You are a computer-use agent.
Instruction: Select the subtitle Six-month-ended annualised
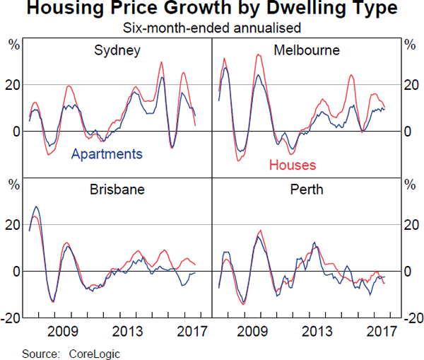211,28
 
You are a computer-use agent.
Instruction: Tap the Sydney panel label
117,50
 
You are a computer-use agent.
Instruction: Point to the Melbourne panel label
307,50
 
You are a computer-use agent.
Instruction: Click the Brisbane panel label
117,190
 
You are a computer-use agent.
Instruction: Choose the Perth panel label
307,190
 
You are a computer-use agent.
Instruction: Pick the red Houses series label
293,165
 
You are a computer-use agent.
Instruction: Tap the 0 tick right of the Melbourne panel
407,132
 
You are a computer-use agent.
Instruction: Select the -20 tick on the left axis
11,318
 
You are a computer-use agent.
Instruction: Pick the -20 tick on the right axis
411,318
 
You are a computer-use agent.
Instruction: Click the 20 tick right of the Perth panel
409,225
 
